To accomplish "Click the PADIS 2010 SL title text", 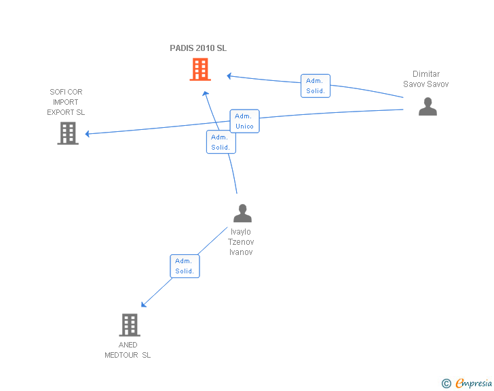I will click(198, 48).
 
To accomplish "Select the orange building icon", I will click(199, 69).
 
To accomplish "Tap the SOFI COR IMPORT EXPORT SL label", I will click(66, 102).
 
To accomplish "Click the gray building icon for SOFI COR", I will click(67, 133).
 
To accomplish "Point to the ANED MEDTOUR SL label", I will click(128, 350).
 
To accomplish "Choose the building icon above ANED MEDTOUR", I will click(129, 324).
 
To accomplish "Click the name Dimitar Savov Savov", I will click(426, 79).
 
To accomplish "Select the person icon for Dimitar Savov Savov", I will click(427, 107).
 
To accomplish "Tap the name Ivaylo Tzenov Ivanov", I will click(241, 242).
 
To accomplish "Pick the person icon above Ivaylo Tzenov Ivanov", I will click(242, 214).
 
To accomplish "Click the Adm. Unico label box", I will click(244, 121).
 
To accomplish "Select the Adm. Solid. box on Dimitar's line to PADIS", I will click(316, 86).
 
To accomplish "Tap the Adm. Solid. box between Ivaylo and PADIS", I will click(220, 142).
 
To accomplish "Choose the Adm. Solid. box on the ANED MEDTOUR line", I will click(185, 266).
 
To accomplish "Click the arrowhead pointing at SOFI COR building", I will click(88, 134).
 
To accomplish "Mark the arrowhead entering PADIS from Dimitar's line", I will click(229, 75).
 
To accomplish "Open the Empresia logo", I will click(474, 383).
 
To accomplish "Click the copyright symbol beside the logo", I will click(446, 384).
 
